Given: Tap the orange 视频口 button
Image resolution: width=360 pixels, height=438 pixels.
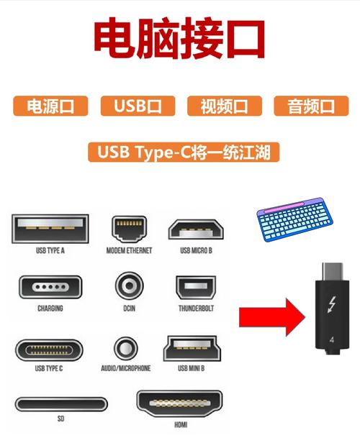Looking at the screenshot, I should tap(223, 106).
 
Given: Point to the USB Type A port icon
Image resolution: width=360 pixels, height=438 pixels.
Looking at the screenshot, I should tap(50, 228).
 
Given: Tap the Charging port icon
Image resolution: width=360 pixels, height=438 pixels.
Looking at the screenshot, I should tap(49, 288).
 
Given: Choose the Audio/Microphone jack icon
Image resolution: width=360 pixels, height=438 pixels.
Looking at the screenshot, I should tap(125, 348).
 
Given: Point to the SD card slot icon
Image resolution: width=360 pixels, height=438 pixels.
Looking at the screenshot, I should tap(60, 404).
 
